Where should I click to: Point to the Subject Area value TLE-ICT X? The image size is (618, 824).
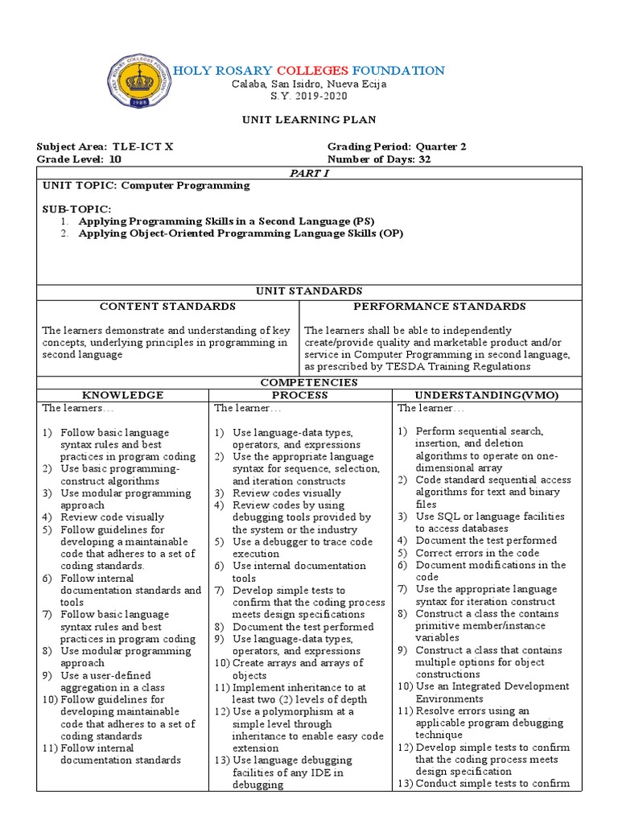click(x=142, y=146)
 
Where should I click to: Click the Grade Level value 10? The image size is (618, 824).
click(x=115, y=159)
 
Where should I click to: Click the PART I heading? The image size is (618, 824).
click(x=309, y=172)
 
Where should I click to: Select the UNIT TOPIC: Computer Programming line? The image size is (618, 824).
click(x=146, y=185)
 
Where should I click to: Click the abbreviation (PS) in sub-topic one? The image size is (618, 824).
click(x=364, y=220)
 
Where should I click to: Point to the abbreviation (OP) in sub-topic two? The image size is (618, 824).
click(x=389, y=233)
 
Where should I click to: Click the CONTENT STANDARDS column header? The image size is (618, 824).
click(x=167, y=307)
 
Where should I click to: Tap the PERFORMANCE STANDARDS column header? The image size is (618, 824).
click(x=439, y=307)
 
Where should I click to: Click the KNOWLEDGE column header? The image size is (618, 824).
click(x=123, y=395)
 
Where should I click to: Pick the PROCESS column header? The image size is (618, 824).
click(x=299, y=395)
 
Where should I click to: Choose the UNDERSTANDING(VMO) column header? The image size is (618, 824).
click(x=486, y=395)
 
